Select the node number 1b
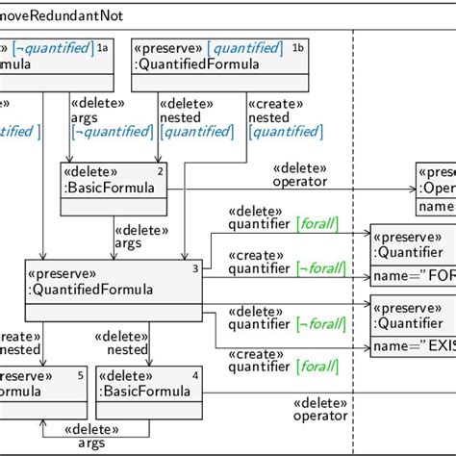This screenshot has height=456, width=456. pos(298,46)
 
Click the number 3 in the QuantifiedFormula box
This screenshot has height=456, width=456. pos(195,268)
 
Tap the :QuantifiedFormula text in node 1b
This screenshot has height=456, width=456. pos(198,64)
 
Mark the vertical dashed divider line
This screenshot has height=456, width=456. pos(354,241)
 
